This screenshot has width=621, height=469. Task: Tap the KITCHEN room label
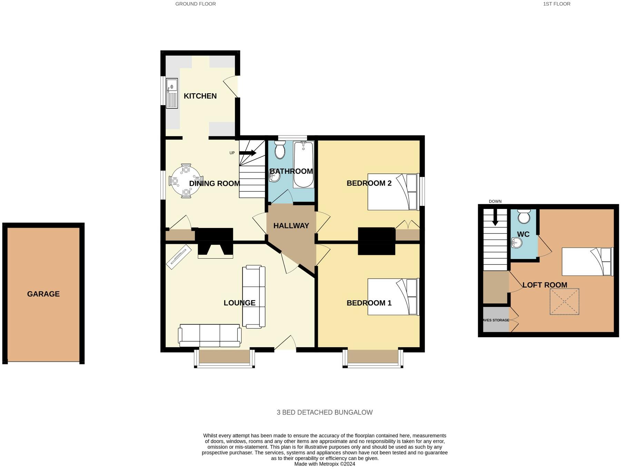tap(200, 96)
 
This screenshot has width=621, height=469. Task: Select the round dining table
tap(186, 180)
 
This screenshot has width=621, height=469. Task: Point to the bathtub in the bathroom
tap(303, 165)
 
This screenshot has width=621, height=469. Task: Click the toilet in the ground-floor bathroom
tap(280, 150)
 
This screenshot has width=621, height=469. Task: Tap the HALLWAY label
tap(291, 226)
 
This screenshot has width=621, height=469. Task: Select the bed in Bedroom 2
tap(393, 192)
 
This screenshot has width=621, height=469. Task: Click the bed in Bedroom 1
tap(393, 297)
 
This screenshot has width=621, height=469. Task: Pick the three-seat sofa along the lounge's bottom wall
tap(210, 335)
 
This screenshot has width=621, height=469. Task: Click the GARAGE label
tap(43, 294)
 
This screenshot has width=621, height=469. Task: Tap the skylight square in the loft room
tap(564, 301)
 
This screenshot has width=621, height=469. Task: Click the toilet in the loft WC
tap(524, 216)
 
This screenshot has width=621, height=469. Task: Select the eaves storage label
tap(496, 320)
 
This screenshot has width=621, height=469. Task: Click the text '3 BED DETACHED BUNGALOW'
tap(324, 412)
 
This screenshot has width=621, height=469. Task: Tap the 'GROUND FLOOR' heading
tap(196, 4)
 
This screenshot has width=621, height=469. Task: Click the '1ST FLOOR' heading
tap(556, 4)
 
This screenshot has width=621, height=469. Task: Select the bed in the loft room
tap(587, 261)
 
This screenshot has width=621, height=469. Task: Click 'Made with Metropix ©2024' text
tap(324, 464)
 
